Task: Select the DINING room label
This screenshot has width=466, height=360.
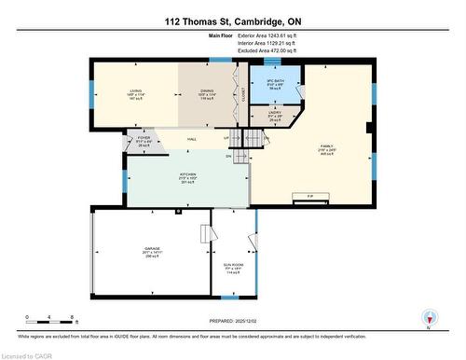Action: (206, 91)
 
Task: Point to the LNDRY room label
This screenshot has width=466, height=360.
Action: (275, 115)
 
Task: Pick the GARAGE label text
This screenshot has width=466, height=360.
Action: (153, 248)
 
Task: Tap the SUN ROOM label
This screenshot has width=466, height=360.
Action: (234, 268)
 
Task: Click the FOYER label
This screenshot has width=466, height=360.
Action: (144, 138)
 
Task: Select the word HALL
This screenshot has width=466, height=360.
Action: (191, 139)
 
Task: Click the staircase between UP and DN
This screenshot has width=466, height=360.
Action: (241, 145)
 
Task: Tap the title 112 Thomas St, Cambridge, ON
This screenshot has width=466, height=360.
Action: (233, 21)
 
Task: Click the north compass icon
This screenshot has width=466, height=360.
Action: (430, 317)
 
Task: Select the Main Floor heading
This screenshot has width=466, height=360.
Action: (221, 35)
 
